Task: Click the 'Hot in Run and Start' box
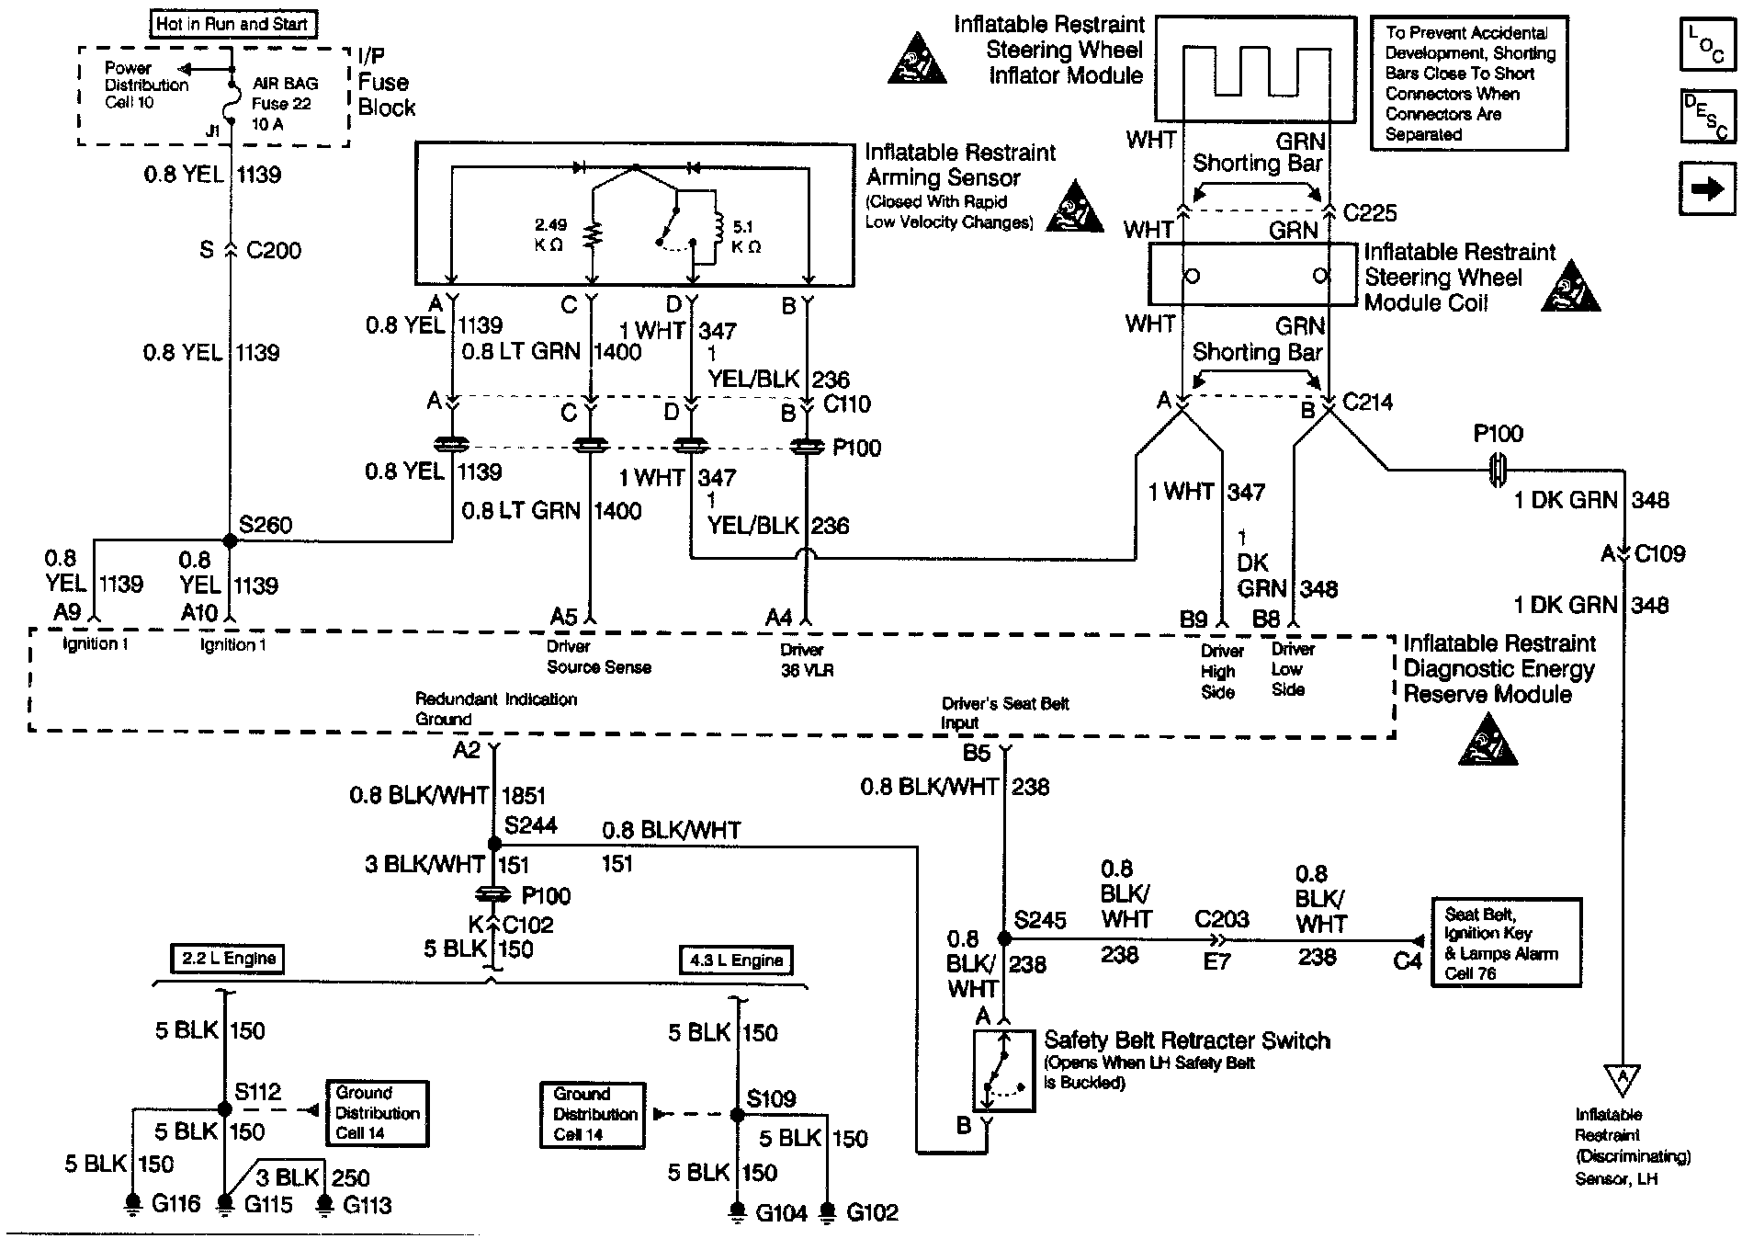point(232,25)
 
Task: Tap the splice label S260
point(266,525)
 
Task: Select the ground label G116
point(175,1203)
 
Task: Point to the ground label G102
point(872,1212)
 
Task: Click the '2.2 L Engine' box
point(228,959)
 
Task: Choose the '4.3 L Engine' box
point(735,960)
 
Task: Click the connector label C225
point(1369,213)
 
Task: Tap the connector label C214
point(1367,402)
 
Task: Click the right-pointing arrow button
point(1707,188)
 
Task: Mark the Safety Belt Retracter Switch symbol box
point(1003,1070)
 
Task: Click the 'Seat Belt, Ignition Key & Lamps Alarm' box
point(1507,942)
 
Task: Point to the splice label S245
point(1040,920)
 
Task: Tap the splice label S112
point(257,1092)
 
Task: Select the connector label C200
point(274,250)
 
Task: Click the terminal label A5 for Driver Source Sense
point(563,617)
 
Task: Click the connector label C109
point(1660,554)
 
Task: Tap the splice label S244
point(531,824)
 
